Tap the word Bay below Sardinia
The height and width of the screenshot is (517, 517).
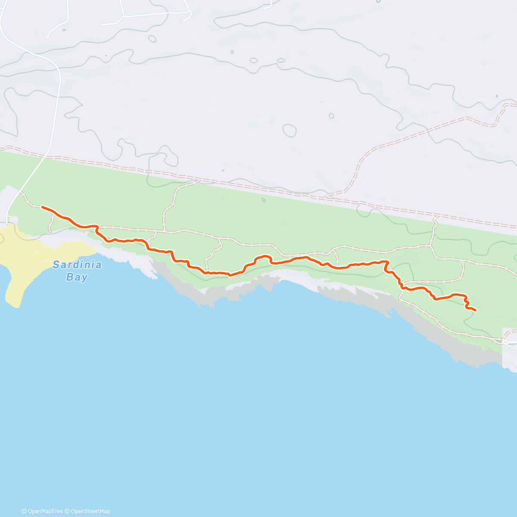77,277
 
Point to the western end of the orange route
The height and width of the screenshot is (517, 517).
42,207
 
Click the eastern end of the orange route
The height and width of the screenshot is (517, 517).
475,310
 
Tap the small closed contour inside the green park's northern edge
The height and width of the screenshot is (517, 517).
264,199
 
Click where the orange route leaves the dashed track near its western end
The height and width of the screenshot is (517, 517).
99,226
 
